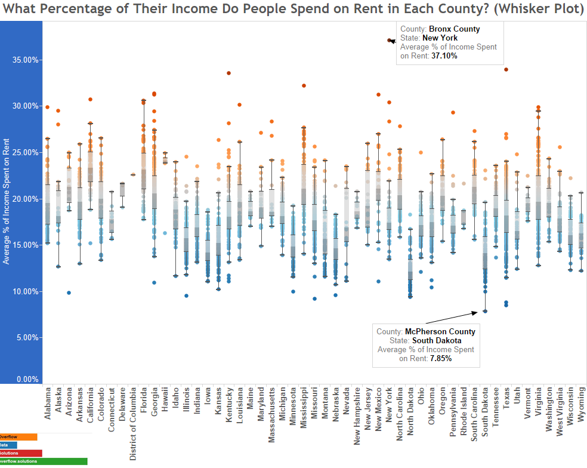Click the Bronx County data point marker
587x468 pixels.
point(389,41)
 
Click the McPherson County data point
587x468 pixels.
point(485,311)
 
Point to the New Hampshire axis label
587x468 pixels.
point(357,418)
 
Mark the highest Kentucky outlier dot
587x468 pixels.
point(228,73)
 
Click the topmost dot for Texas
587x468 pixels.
point(506,69)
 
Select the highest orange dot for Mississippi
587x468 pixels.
point(304,85)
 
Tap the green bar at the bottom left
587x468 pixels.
point(43,461)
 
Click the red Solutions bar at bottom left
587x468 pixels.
point(20,453)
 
